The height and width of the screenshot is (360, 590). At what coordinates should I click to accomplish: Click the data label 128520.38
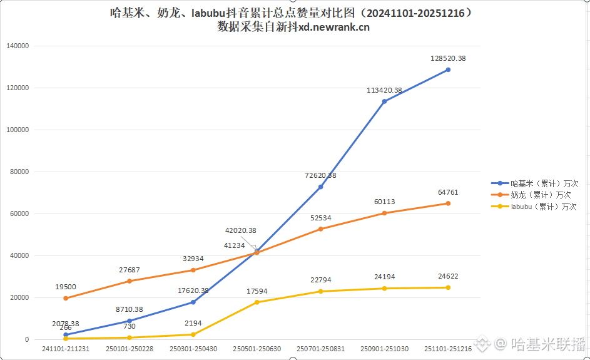[448, 58]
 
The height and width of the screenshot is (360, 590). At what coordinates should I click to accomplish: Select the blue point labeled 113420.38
[384, 101]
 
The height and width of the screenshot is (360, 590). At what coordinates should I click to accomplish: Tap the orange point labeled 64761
[448, 203]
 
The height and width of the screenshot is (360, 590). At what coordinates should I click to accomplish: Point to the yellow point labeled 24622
[448, 287]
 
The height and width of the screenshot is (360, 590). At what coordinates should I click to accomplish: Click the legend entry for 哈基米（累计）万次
[535, 183]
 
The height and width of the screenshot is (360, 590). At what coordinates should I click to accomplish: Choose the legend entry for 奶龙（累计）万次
[535, 195]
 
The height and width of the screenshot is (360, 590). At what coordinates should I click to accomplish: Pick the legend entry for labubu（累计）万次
[535, 206]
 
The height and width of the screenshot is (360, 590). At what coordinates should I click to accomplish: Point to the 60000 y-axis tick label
[19, 213]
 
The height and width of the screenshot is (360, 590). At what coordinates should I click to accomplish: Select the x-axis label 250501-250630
[257, 349]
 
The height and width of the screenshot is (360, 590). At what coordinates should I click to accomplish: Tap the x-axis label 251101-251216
[448, 349]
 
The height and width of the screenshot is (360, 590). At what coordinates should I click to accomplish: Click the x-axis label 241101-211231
[66, 349]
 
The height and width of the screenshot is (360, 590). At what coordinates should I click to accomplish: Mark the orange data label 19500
[66, 287]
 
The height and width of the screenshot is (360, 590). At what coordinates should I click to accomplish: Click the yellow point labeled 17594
[257, 302]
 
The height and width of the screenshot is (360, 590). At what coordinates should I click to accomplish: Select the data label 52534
[320, 217]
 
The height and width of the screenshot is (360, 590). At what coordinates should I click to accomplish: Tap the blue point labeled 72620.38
[320, 187]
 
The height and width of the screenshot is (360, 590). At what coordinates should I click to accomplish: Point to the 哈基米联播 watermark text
[548, 343]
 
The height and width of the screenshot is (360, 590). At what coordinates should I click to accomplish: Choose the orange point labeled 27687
[130, 280]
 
